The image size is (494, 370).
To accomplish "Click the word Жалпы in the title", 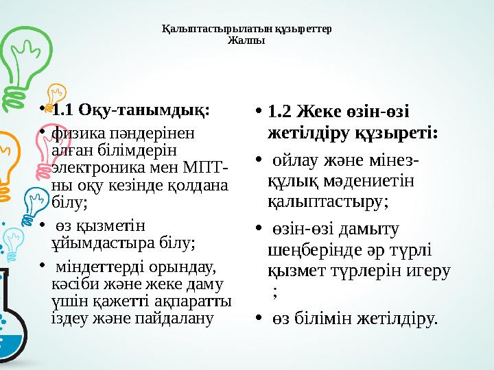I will click(x=246, y=40).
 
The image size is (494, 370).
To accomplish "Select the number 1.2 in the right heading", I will click(x=280, y=111).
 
